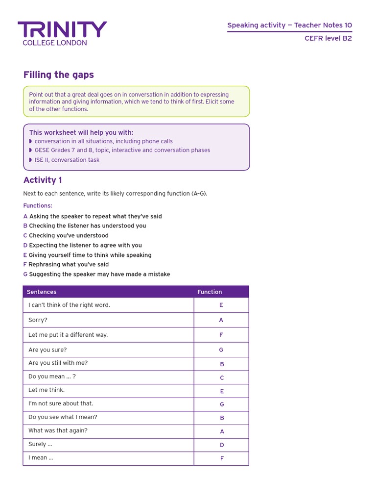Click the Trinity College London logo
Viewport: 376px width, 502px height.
point(62,33)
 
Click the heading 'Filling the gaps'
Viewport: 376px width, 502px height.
point(59,75)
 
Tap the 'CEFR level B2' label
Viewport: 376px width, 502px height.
point(328,39)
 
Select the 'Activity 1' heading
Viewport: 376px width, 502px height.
point(43,180)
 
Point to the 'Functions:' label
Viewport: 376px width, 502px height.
point(38,206)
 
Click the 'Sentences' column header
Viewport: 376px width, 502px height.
point(42,292)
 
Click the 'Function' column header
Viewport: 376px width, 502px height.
point(210,292)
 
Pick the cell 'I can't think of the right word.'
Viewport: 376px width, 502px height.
point(70,305)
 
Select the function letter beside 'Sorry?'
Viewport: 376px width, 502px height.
point(221,320)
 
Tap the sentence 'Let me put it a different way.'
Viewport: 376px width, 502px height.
point(68,335)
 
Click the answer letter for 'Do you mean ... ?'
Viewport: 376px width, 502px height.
point(222,378)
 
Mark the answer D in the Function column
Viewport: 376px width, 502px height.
point(222,445)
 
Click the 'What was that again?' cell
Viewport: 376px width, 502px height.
point(58,431)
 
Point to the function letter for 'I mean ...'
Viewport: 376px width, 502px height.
point(222,459)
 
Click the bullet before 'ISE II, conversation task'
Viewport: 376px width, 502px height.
point(31,160)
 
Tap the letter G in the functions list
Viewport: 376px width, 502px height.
point(25,275)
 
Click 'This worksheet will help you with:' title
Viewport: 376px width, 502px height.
point(81,132)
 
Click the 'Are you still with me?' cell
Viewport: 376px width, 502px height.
point(58,363)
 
